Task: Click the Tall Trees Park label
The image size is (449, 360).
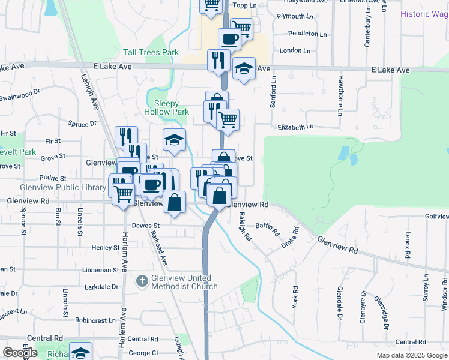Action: (x=151, y=53)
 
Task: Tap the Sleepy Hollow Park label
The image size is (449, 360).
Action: (x=167, y=107)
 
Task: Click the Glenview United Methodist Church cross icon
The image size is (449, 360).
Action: (x=142, y=280)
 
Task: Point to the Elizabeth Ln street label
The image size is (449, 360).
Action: (x=295, y=127)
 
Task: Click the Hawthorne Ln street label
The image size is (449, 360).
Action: (x=340, y=95)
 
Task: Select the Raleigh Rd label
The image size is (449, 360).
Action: (x=245, y=227)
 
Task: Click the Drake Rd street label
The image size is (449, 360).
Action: (x=290, y=238)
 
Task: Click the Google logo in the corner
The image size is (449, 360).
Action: (x=20, y=353)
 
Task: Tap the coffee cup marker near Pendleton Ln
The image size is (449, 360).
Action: (x=229, y=40)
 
